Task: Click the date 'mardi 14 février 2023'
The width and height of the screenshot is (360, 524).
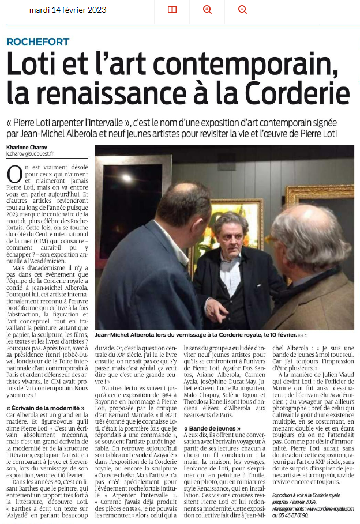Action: [67, 9]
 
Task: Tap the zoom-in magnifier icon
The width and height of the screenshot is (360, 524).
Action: [208, 9]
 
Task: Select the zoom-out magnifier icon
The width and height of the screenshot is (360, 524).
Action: [242, 9]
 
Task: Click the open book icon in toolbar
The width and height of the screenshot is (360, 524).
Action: [172, 9]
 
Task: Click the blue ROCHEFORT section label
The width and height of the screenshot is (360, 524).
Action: [38, 42]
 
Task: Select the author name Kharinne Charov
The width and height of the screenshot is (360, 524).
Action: [28, 148]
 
